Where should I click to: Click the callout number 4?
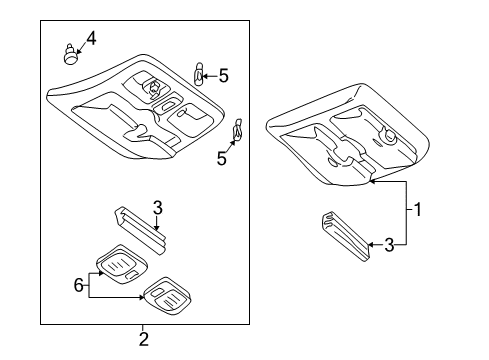tap(91, 38)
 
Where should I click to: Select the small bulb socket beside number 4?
tap(69, 54)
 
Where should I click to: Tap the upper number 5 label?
tap(224, 76)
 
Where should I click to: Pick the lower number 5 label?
tap(222, 158)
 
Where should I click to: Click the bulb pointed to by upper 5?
tap(198, 74)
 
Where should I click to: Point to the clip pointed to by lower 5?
tap(238, 130)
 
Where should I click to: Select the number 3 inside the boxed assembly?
tap(158, 207)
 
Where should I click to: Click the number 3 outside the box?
tap(389, 245)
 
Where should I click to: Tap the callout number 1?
tap(417, 210)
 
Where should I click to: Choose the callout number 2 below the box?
tap(143, 339)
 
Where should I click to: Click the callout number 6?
tap(78, 285)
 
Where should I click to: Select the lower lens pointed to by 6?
tap(167, 295)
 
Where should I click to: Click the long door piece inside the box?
tap(140, 230)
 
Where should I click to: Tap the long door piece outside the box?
tap(346, 236)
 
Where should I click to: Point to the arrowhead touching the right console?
tap(373, 182)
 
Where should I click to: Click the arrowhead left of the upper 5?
tap(205, 76)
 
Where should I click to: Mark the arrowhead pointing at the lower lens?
tap(142, 297)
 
